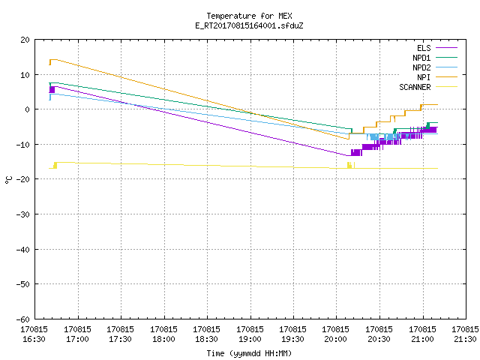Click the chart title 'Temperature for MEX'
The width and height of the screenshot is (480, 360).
pyautogui.click(x=249, y=16)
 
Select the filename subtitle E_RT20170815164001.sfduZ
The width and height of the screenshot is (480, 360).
pyautogui.click(x=249, y=25)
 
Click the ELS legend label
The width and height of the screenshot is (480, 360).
pyautogui.click(x=424, y=48)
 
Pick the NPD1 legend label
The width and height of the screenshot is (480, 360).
pyautogui.click(x=421, y=58)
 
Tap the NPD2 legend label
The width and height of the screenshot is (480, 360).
pyautogui.click(x=421, y=67)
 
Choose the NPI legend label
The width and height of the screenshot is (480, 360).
pyautogui.click(x=424, y=77)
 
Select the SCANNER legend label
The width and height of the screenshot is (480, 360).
pyautogui.click(x=415, y=87)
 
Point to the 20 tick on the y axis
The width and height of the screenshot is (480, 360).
pyautogui.click(x=25, y=40)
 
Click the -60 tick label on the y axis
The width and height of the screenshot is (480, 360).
pyautogui.click(x=23, y=319)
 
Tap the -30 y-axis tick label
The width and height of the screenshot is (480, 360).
pyautogui.click(x=23, y=214)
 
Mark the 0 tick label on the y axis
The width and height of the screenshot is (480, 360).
pyautogui.click(x=28, y=109)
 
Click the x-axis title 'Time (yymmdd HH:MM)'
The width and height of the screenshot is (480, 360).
pyautogui.click(x=249, y=353)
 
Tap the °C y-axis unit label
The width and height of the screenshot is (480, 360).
pyautogui.click(x=8, y=180)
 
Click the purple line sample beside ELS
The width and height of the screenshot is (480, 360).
pyautogui.click(x=446, y=48)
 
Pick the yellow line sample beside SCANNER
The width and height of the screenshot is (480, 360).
pyautogui.click(x=446, y=87)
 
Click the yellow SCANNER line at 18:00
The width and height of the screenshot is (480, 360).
pyautogui.click(x=164, y=165)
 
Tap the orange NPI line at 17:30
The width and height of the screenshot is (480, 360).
pyautogui.click(x=121, y=77)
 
